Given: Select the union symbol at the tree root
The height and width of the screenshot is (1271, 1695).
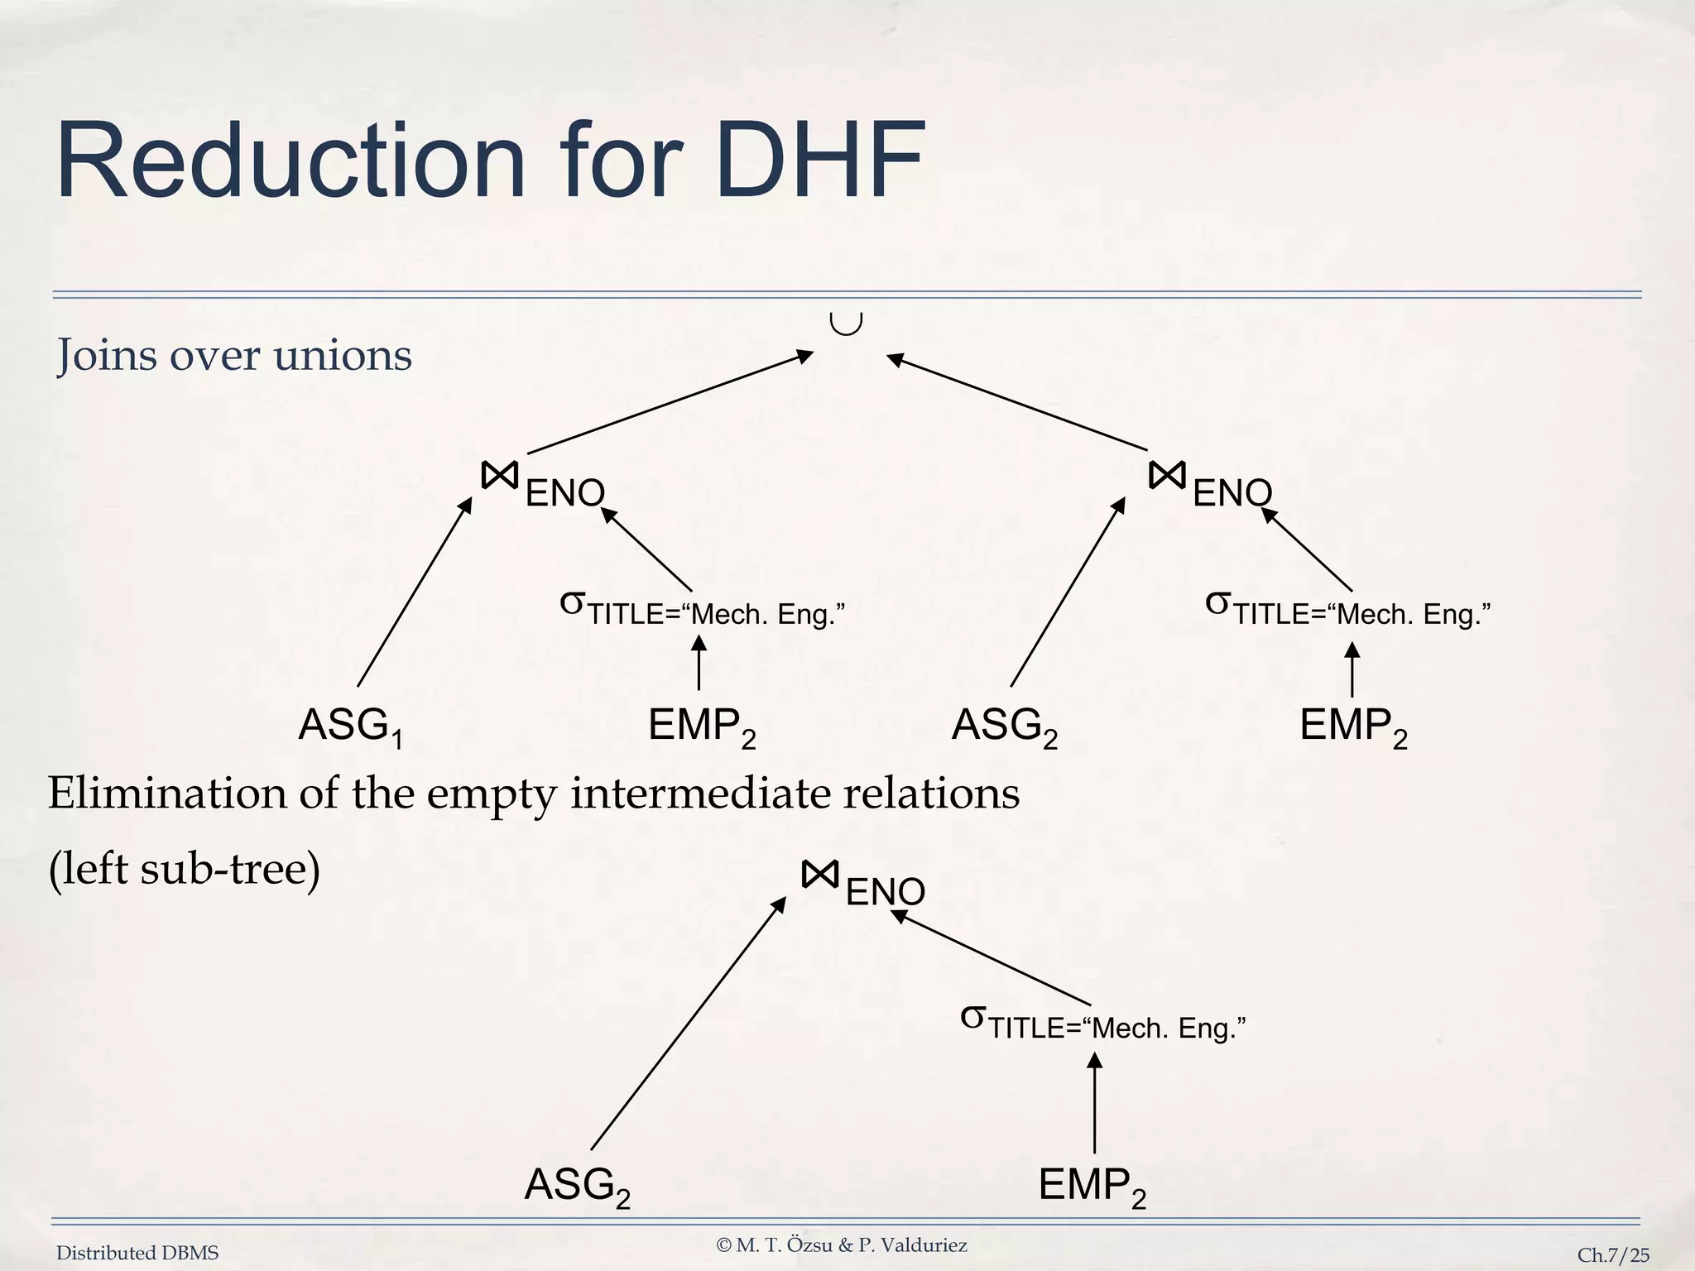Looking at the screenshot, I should [846, 324].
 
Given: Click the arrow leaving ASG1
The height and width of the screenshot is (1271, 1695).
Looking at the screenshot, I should [414, 592].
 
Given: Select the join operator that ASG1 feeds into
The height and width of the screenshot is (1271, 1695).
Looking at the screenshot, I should [500, 476].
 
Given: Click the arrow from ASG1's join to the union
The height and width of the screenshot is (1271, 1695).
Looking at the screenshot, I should [670, 403].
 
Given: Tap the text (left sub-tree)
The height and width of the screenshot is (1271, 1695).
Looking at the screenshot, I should [184, 869].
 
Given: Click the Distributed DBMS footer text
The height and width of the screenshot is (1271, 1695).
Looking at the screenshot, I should [137, 1254].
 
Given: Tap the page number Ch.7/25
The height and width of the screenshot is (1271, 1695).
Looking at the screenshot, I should [1613, 1255].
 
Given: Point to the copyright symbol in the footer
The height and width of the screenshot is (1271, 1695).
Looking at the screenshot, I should [724, 1245].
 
